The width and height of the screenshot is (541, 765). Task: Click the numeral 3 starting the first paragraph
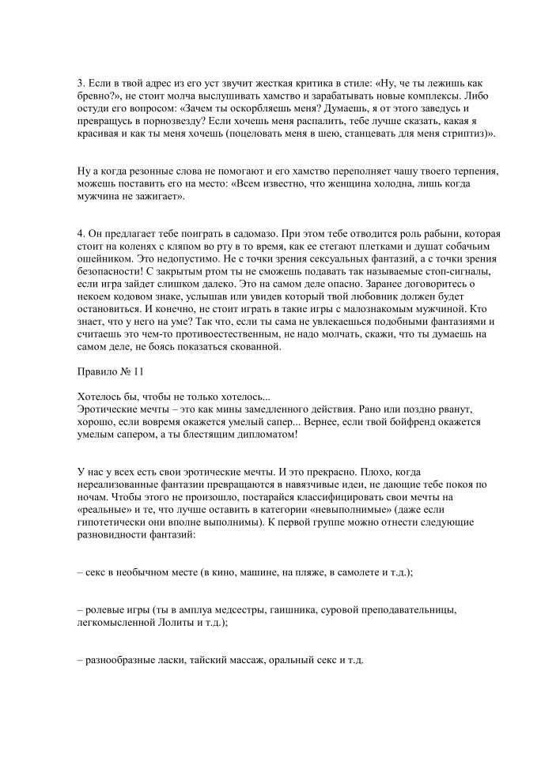point(80,83)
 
